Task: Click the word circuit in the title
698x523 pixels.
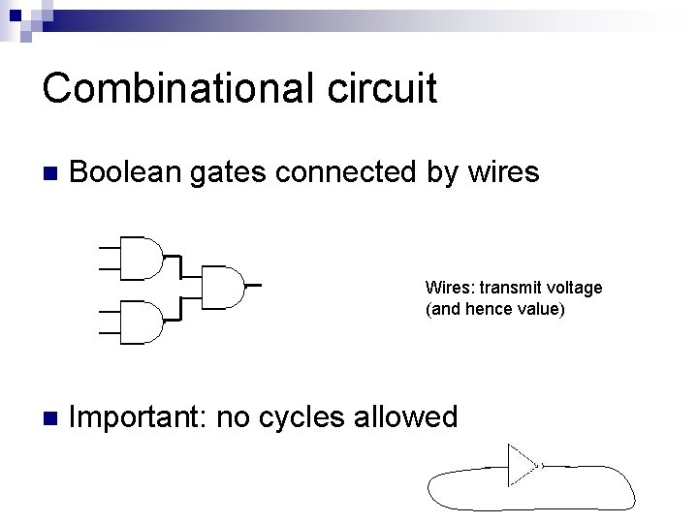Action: point(386,89)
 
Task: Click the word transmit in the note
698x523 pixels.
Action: point(507,288)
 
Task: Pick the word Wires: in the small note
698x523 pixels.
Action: point(444,288)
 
